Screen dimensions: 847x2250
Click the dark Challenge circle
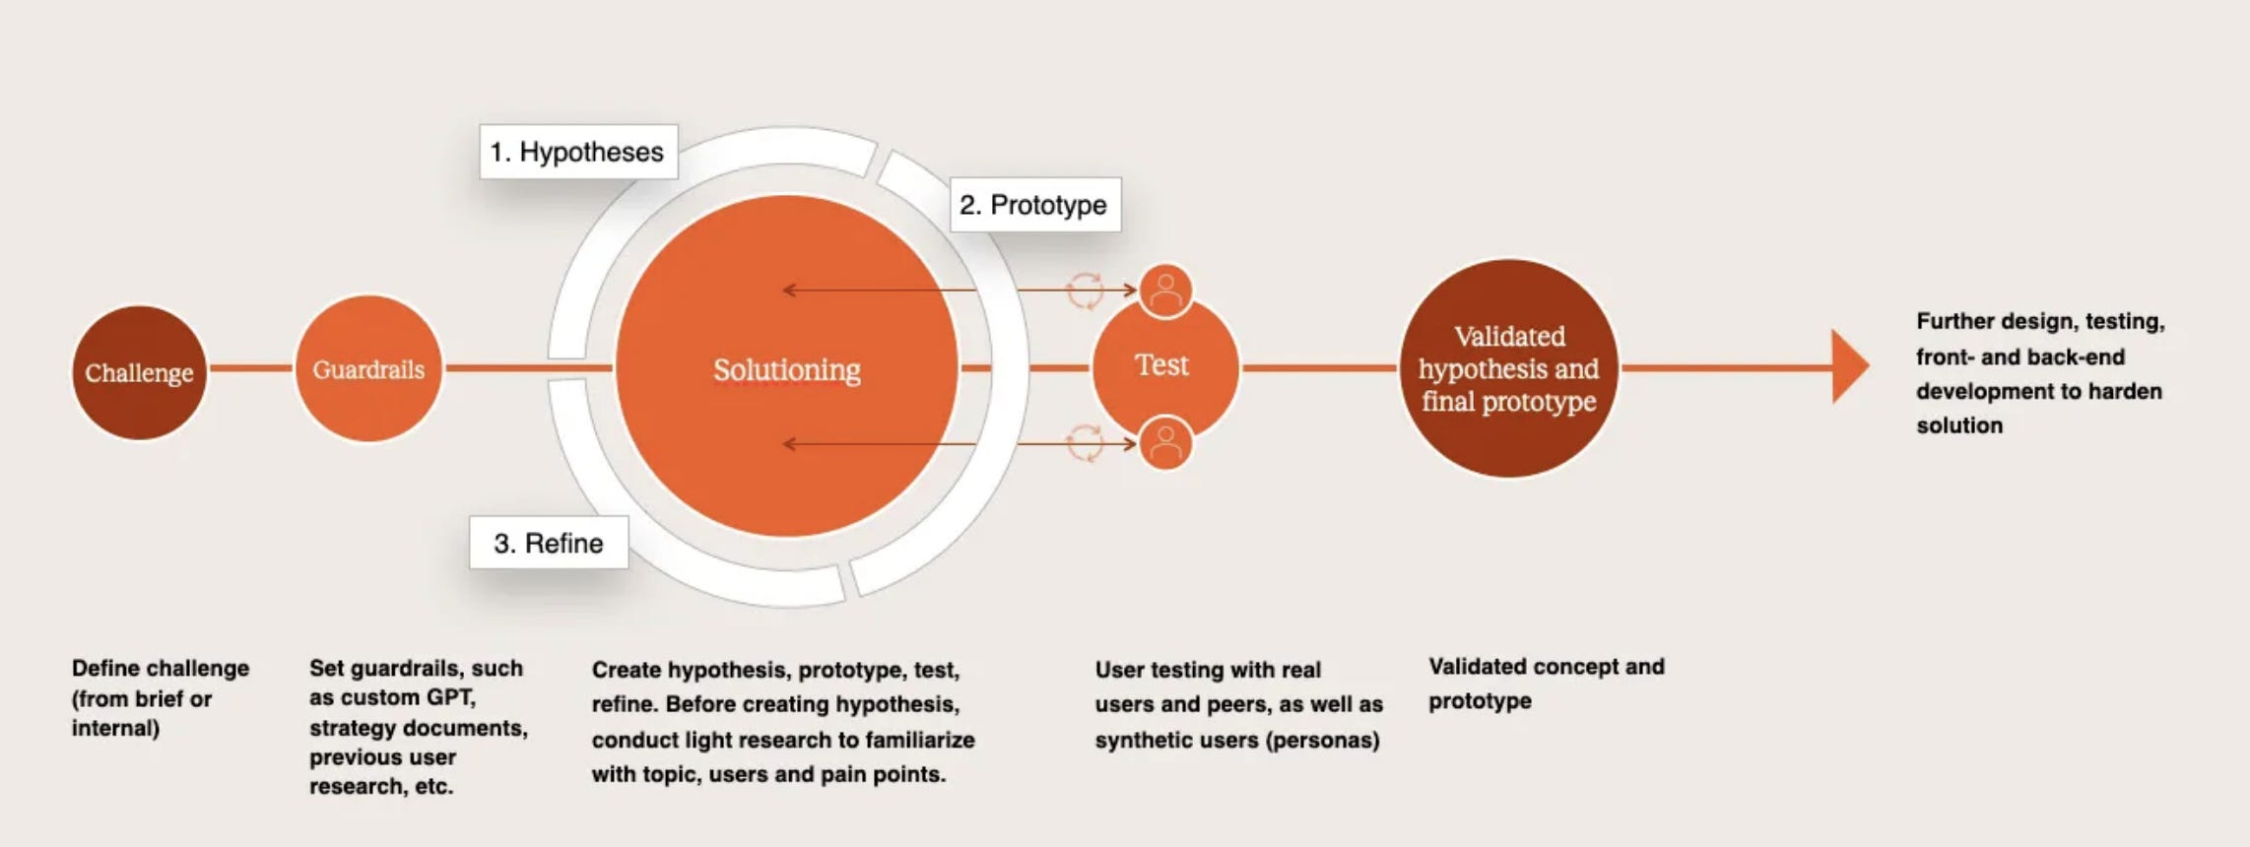tap(139, 372)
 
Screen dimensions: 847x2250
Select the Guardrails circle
tap(368, 368)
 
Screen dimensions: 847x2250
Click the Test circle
tap(1162, 365)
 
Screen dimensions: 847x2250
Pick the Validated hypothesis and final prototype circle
tap(1508, 368)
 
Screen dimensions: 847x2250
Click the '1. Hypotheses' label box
tap(578, 152)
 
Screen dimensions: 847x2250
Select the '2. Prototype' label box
tap(1034, 205)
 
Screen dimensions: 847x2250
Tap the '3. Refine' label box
tap(549, 543)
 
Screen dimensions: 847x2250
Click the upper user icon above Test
tap(1165, 291)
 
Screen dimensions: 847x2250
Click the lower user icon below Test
tap(1165, 443)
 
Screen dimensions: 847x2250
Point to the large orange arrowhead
tap(1849, 366)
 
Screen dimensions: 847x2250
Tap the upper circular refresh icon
tap(1085, 291)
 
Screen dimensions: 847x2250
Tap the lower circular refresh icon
tap(1085, 443)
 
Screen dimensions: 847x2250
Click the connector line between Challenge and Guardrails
tap(251, 368)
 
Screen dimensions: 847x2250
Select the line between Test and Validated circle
tap(1319, 367)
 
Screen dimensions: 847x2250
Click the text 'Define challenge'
tap(161, 668)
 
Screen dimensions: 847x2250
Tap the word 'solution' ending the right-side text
tap(1959, 425)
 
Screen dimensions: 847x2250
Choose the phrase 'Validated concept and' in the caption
tap(1547, 667)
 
